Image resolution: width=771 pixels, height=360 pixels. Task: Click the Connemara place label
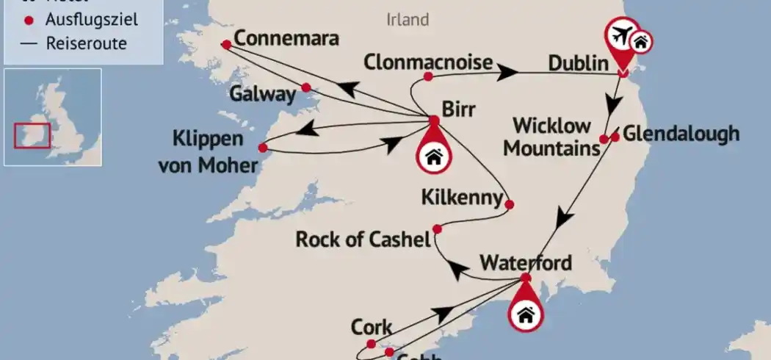(286, 39)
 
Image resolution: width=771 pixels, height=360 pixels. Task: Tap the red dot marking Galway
(307, 88)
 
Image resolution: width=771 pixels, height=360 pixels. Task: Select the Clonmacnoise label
(427, 62)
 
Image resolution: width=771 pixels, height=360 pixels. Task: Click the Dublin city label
(578, 65)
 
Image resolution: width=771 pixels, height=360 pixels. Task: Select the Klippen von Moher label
(208, 152)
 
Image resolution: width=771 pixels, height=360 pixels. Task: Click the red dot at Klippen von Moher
(263, 148)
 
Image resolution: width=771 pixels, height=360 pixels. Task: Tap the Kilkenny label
(462, 197)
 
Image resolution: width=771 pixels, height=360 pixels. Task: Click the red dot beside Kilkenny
(510, 204)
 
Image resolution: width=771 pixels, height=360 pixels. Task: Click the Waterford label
(525, 262)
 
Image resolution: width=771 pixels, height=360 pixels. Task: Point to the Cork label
(372, 327)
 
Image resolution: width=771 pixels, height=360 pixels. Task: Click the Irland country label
(408, 19)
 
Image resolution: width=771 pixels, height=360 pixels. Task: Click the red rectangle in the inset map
(32, 136)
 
